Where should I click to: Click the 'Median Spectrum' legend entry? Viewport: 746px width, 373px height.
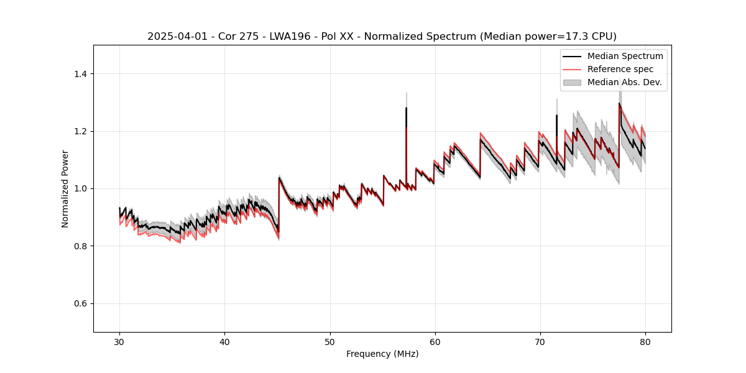(x=625, y=56)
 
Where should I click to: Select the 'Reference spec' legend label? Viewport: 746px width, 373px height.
(x=620, y=69)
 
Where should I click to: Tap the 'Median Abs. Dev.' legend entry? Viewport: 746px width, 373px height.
(x=624, y=82)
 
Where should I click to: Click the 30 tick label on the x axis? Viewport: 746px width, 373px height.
(x=119, y=341)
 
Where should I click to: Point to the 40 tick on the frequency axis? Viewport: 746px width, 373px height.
(x=224, y=341)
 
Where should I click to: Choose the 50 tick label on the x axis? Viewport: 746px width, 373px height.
(x=329, y=341)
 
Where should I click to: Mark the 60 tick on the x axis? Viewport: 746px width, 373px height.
(x=435, y=341)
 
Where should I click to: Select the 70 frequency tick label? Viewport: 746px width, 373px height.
(x=540, y=341)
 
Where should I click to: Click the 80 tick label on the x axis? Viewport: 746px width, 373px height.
(x=645, y=341)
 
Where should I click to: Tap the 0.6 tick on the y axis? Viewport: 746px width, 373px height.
(x=80, y=303)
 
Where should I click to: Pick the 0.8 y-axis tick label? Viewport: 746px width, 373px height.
(x=80, y=246)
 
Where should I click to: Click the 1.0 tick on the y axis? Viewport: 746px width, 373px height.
(x=80, y=188)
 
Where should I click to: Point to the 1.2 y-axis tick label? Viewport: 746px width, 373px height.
(x=80, y=131)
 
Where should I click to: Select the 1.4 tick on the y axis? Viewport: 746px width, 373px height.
(x=80, y=74)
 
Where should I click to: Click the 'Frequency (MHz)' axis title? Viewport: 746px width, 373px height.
(x=382, y=354)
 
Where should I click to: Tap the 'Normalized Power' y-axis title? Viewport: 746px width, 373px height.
(x=65, y=188)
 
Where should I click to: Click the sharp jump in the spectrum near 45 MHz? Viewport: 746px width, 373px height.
(x=279, y=205)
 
